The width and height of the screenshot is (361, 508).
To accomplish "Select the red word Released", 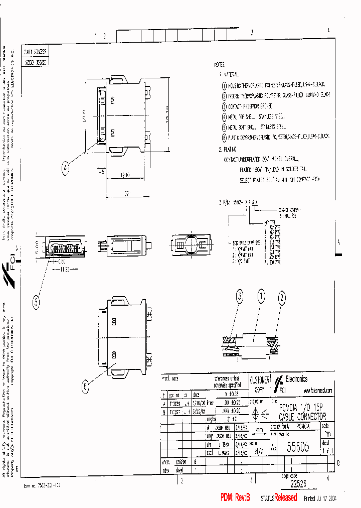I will [x=285, y=497].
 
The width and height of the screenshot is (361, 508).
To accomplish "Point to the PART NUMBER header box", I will [x=35, y=52].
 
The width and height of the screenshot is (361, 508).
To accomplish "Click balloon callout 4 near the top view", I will [x=66, y=170].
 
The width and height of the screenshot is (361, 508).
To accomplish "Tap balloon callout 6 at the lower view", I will [x=85, y=386].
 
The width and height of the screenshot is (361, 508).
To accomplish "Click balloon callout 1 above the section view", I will [x=261, y=297].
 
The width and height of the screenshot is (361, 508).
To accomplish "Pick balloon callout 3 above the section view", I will [x=240, y=297].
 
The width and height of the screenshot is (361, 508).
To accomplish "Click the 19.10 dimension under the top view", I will [x=125, y=176].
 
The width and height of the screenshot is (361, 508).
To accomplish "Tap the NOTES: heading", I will [x=220, y=65].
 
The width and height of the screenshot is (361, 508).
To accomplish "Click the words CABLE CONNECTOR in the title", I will [x=302, y=417].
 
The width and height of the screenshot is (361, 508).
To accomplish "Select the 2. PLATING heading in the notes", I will [x=228, y=149].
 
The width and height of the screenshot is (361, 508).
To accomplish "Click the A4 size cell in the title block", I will [x=273, y=447].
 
